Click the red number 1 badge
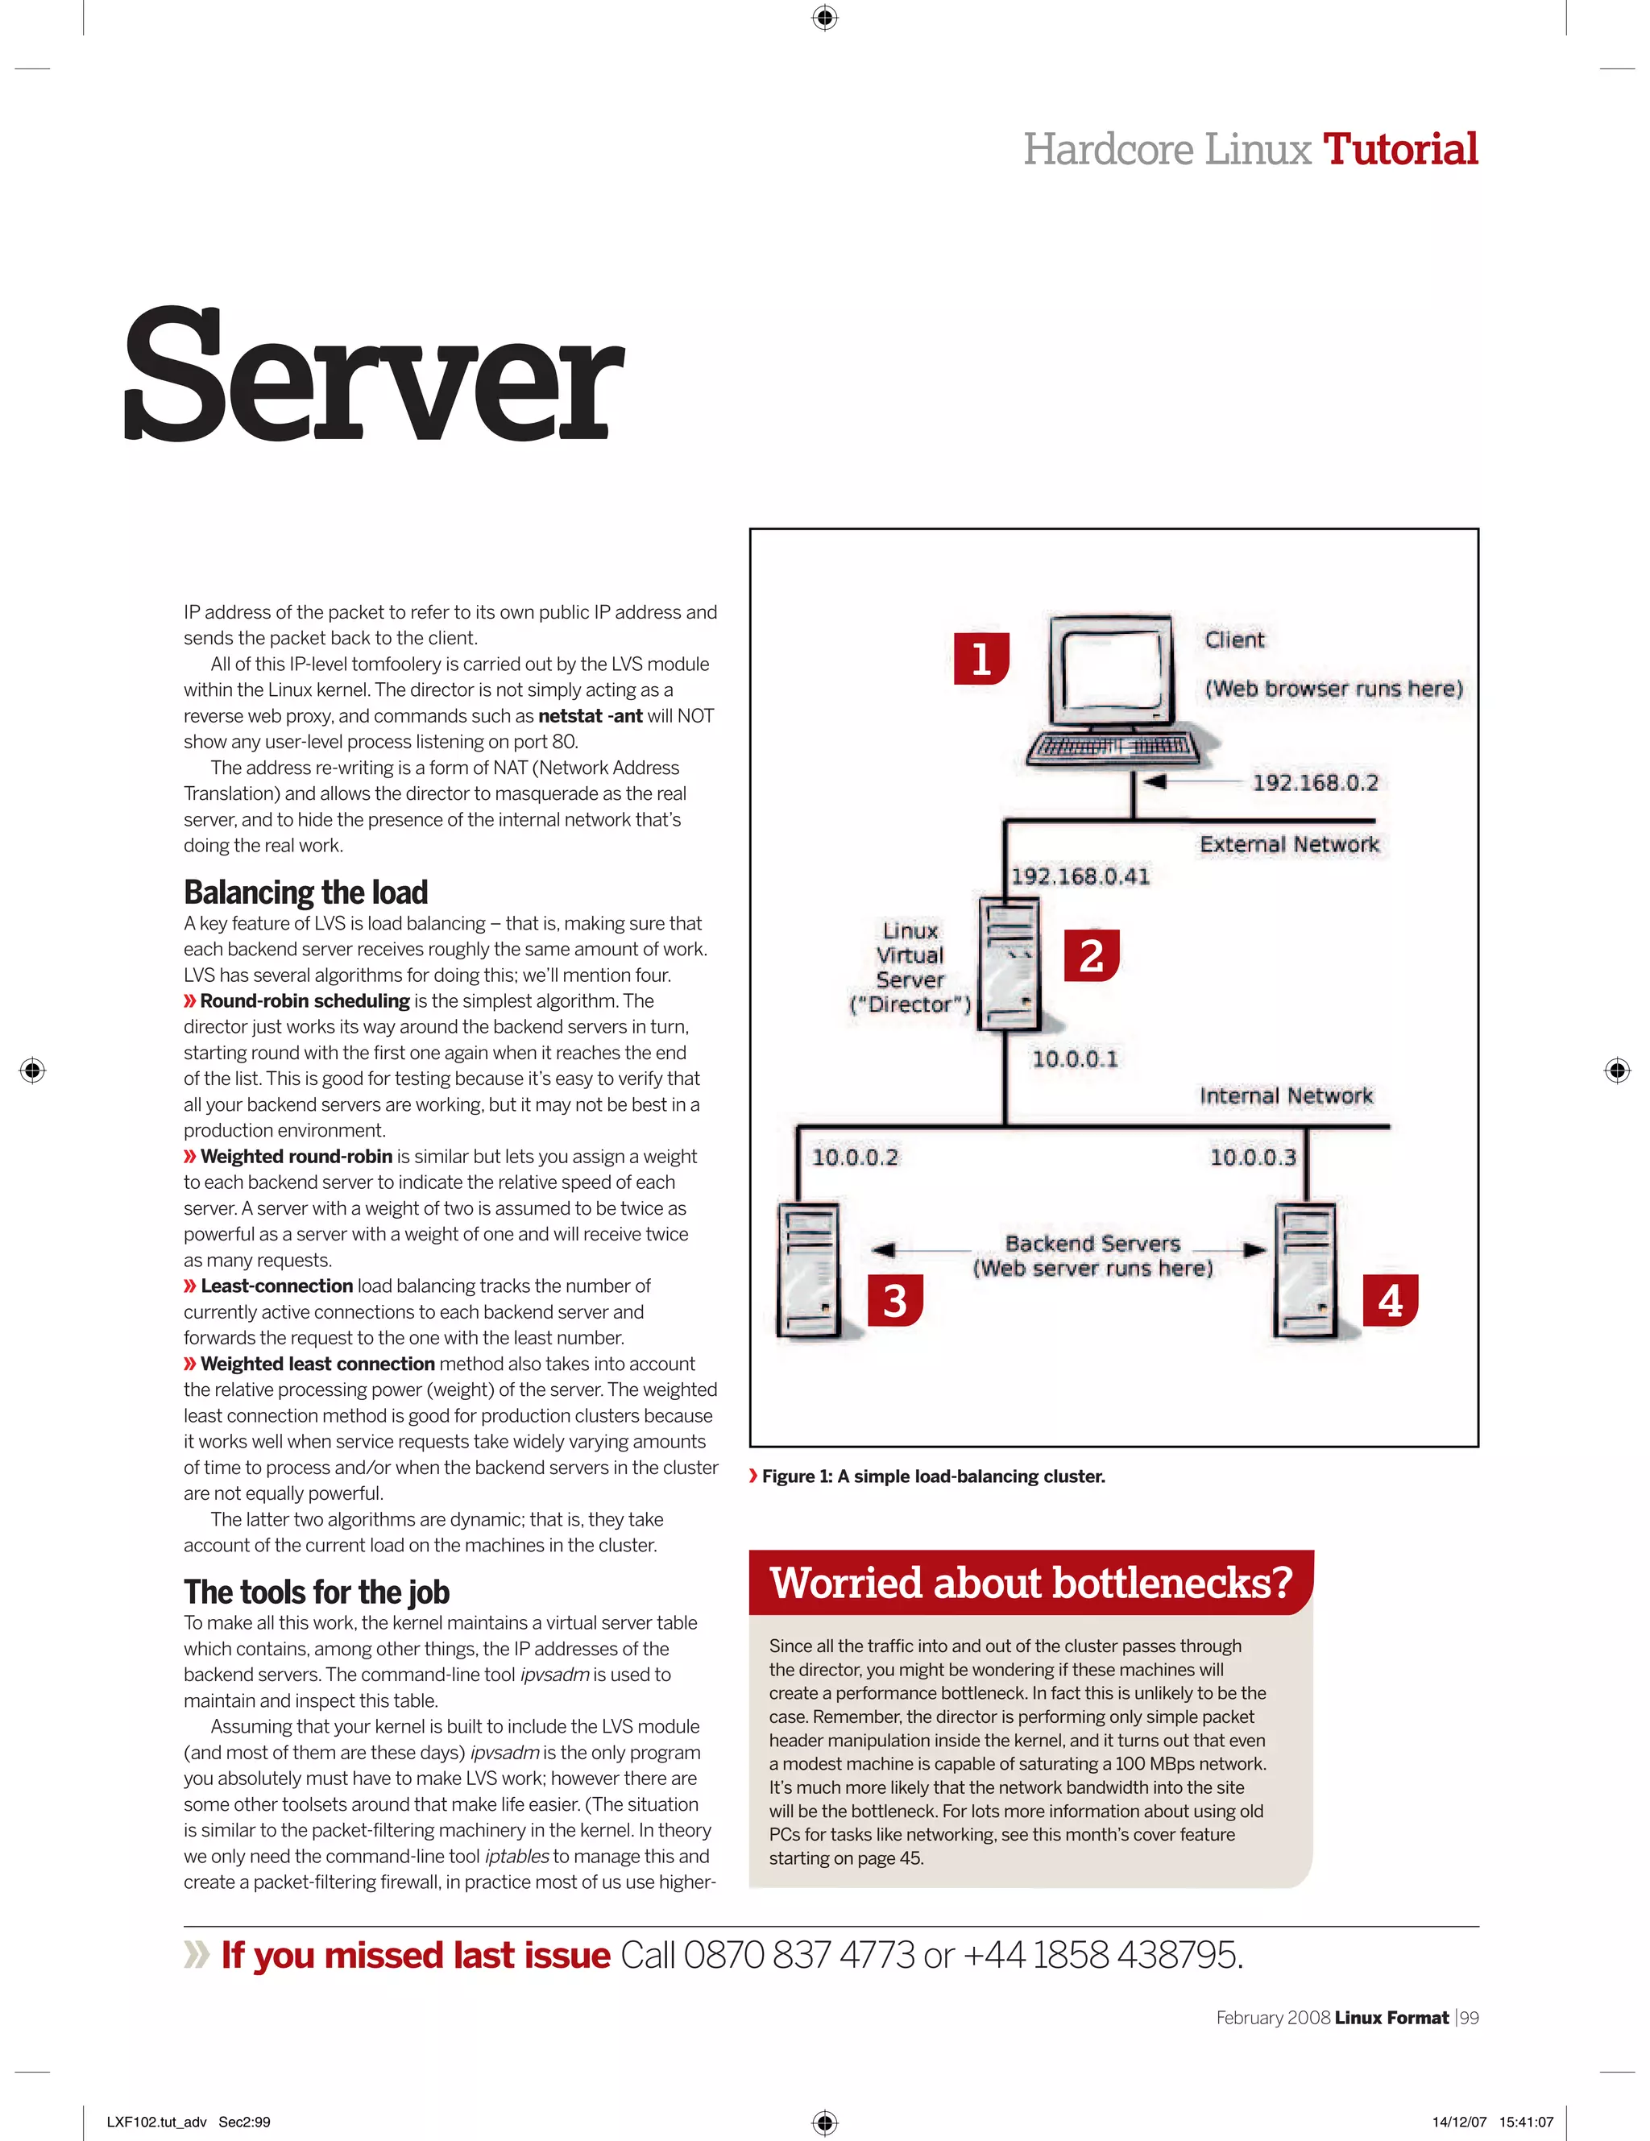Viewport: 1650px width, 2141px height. click(980, 659)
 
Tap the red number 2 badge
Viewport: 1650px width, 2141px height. click(1091, 956)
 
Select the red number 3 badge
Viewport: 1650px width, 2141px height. click(895, 1301)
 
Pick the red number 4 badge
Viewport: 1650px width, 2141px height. click(1391, 1301)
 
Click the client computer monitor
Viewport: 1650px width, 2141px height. click(1112, 672)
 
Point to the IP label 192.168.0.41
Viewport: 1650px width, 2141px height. click(1080, 876)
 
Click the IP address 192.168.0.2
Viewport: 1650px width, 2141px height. click(1315, 782)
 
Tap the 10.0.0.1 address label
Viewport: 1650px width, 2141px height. click(1075, 1058)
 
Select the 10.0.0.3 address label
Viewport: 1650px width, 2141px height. click(1252, 1157)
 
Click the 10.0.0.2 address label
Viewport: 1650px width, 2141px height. click(855, 1157)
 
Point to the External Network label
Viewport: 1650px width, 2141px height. click(1289, 844)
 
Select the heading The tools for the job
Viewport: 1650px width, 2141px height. click(317, 1592)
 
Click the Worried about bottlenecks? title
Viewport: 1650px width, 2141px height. click(1030, 1584)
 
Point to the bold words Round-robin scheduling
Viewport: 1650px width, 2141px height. click(305, 1001)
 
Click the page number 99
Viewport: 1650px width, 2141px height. click(1469, 2018)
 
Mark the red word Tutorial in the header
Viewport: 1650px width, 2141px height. click(1400, 149)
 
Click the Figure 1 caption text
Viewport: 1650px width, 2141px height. click(932, 1476)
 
